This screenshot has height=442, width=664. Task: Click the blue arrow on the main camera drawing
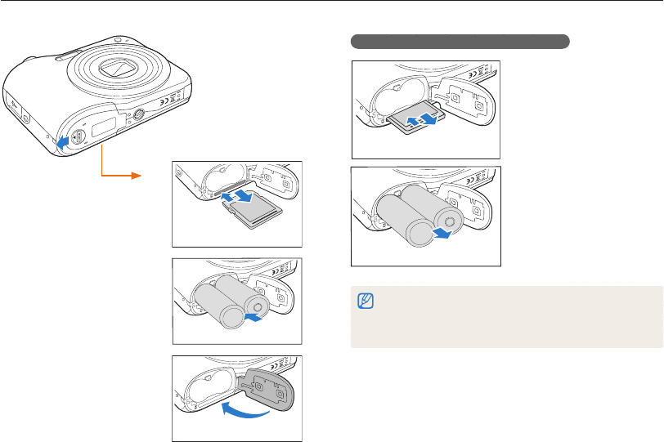pyautogui.click(x=61, y=143)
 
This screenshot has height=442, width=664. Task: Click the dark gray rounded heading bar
pyautogui.click(x=460, y=41)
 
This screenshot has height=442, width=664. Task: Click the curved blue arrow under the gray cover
pyautogui.click(x=245, y=416)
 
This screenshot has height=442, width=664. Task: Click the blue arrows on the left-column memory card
pyautogui.click(x=238, y=197)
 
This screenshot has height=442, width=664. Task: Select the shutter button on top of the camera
pyautogui.click(x=118, y=38)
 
